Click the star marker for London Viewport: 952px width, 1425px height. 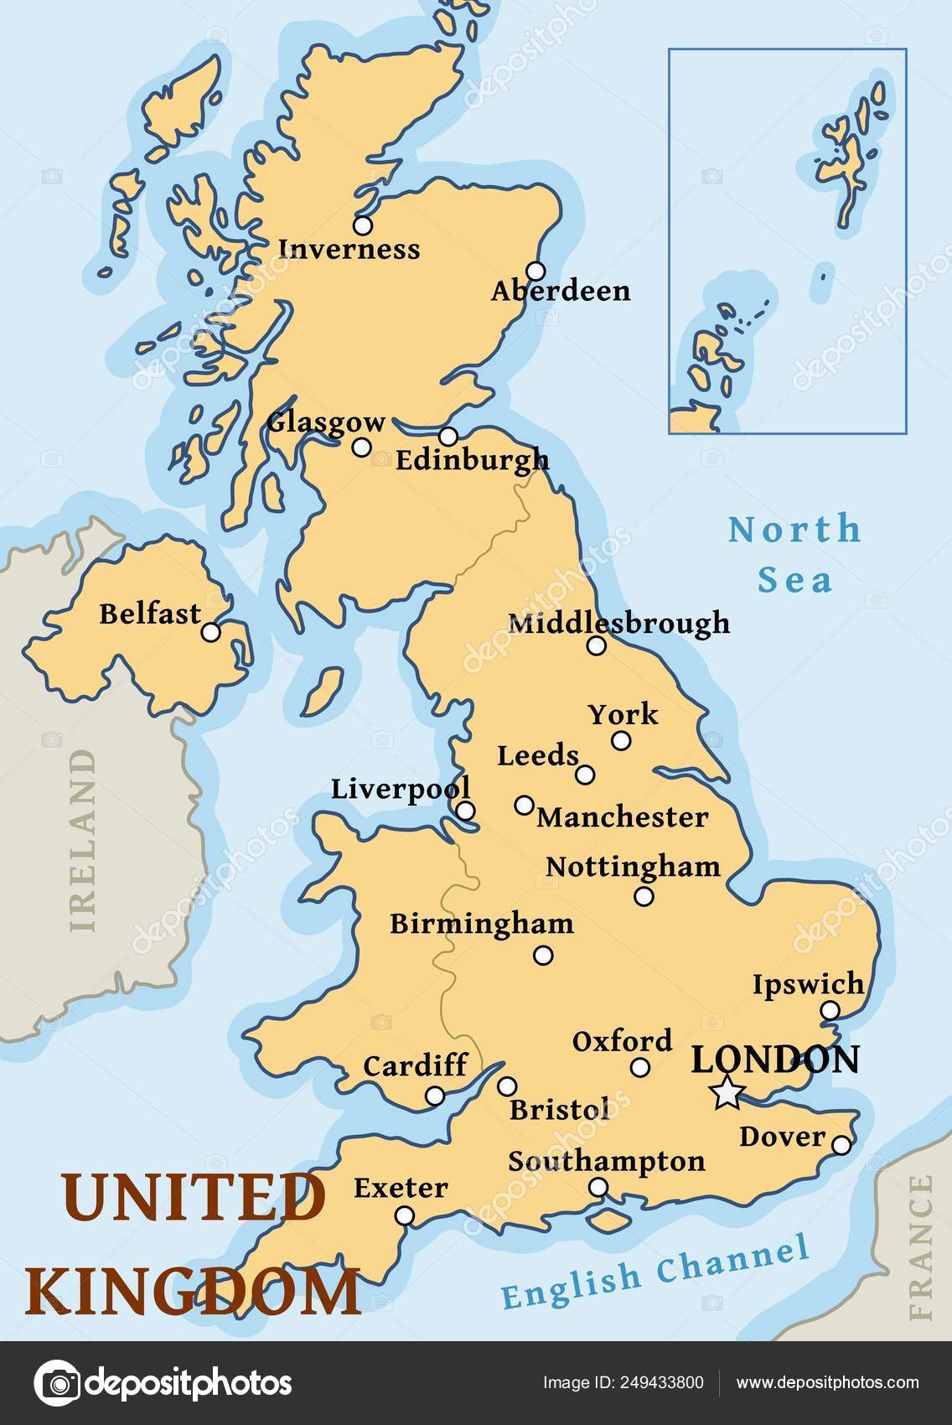[727, 1093]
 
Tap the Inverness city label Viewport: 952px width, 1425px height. [349, 249]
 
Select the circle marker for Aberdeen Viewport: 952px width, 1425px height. [535, 271]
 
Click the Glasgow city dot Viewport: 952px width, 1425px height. [361, 447]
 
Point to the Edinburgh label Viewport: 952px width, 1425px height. [472, 460]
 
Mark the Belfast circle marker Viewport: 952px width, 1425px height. [211, 632]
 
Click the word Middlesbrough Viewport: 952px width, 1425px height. [618, 623]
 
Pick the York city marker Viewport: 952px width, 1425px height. [621, 740]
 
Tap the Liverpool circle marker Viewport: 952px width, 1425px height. [465, 811]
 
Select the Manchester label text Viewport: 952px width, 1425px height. [622, 817]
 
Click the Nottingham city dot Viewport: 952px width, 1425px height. [644, 896]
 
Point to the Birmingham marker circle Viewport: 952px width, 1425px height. [543, 955]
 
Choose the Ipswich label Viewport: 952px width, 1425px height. [807, 984]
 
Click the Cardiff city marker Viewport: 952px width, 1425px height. [434, 1096]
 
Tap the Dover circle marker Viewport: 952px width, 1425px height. [841, 1145]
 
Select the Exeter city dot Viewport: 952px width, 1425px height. [405, 1215]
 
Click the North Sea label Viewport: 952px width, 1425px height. [794, 554]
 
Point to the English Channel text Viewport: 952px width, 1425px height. [655, 1272]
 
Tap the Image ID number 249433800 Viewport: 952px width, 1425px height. [661, 1383]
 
